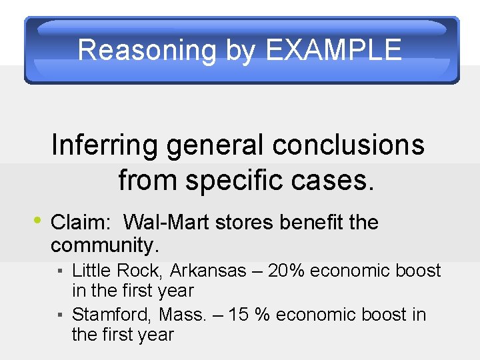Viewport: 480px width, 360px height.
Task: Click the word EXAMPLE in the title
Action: [333, 50]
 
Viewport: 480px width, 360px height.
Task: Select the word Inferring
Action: [102, 145]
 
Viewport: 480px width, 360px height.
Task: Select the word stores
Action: [245, 222]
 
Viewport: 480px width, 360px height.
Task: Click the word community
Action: [105, 245]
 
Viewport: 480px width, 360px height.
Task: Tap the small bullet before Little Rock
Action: [60, 272]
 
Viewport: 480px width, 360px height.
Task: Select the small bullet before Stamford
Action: [60, 315]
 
